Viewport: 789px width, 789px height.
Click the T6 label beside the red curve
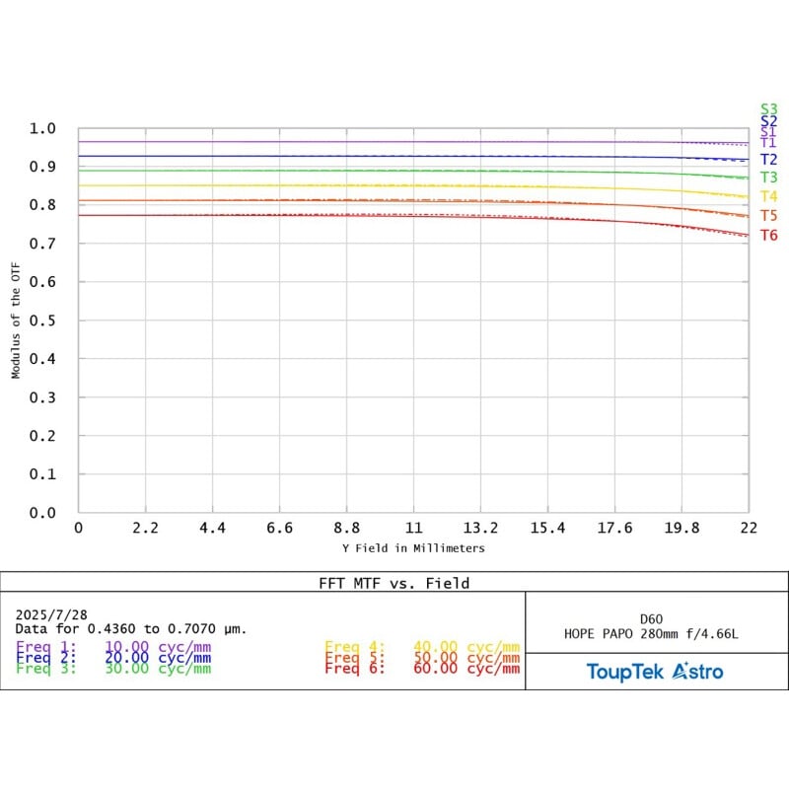[768, 235]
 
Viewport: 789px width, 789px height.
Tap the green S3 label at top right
[768, 109]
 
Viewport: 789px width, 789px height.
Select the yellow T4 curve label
[768, 196]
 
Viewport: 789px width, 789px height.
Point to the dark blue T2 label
[768, 159]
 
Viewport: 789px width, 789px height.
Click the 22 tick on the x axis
[748, 529]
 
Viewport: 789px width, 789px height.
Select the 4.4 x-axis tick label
[212, 529]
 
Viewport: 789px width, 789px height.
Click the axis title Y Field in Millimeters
[413, 548]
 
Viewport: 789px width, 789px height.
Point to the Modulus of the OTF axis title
[16, 320]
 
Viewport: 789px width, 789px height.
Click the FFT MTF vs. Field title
[394, 583]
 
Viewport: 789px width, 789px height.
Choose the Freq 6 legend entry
[421, 669]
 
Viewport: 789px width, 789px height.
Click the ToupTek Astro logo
[655, 672]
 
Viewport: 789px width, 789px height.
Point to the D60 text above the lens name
[657, 618]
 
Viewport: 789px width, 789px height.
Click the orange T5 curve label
[768, 215]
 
